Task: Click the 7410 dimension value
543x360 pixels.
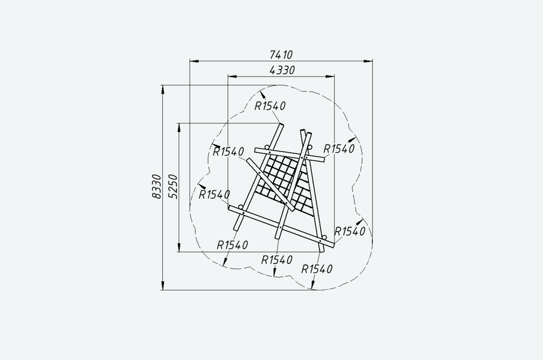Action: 281,55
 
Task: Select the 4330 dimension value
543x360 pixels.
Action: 282,70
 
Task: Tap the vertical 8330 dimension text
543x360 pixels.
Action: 156,187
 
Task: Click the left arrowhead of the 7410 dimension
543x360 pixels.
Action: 194,61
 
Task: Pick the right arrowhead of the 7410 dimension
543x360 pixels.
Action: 368,61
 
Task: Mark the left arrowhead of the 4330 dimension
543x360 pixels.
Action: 232,76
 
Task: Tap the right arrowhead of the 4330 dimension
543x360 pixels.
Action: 330,76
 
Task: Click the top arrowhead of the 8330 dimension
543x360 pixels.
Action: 163,90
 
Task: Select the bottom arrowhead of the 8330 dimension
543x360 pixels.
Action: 163,285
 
